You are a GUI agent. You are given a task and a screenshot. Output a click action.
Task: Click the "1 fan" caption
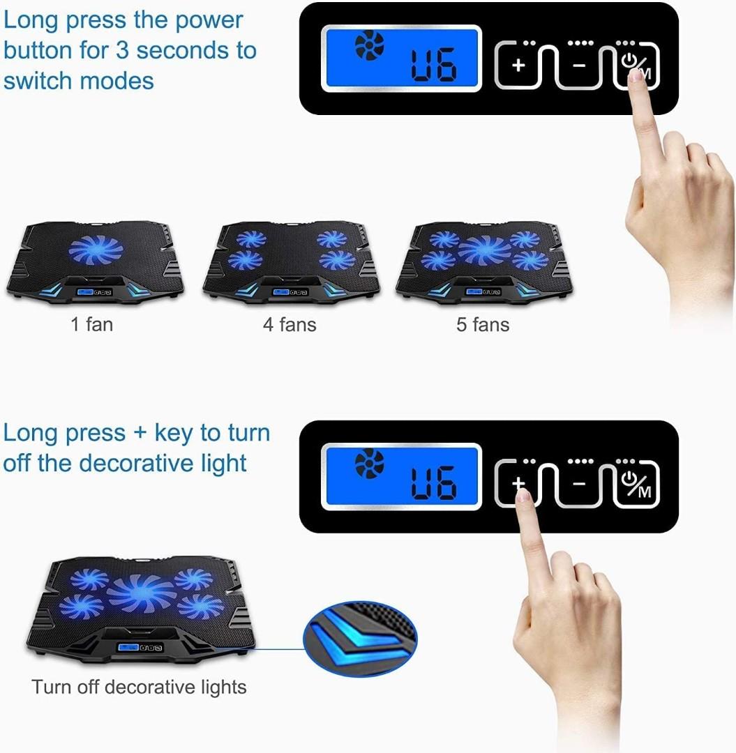91,324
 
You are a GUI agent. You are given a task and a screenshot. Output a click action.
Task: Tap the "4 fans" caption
290,324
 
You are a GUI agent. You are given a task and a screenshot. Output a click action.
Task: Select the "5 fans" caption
483,324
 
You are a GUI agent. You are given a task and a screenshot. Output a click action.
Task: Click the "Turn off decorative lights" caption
139,687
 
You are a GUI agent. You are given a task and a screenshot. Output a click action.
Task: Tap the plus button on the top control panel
518,66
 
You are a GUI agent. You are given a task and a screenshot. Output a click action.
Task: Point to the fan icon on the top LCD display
369,46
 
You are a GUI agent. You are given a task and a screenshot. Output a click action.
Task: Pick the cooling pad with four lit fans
291,261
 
